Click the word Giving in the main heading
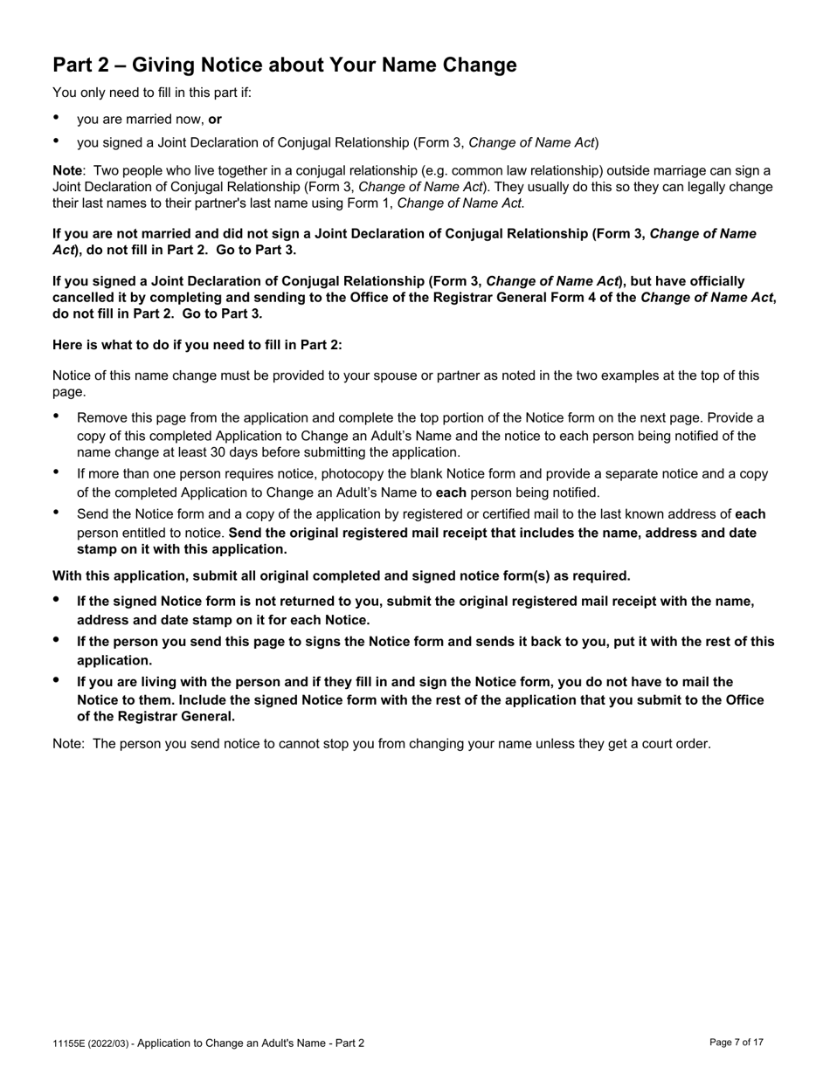click(164, 65)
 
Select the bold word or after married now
click(215, 119)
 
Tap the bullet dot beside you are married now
click(57, 118)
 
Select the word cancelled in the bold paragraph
click(82, 298)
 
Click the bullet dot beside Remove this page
click(57, 417)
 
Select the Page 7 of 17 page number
click(737, 1043)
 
